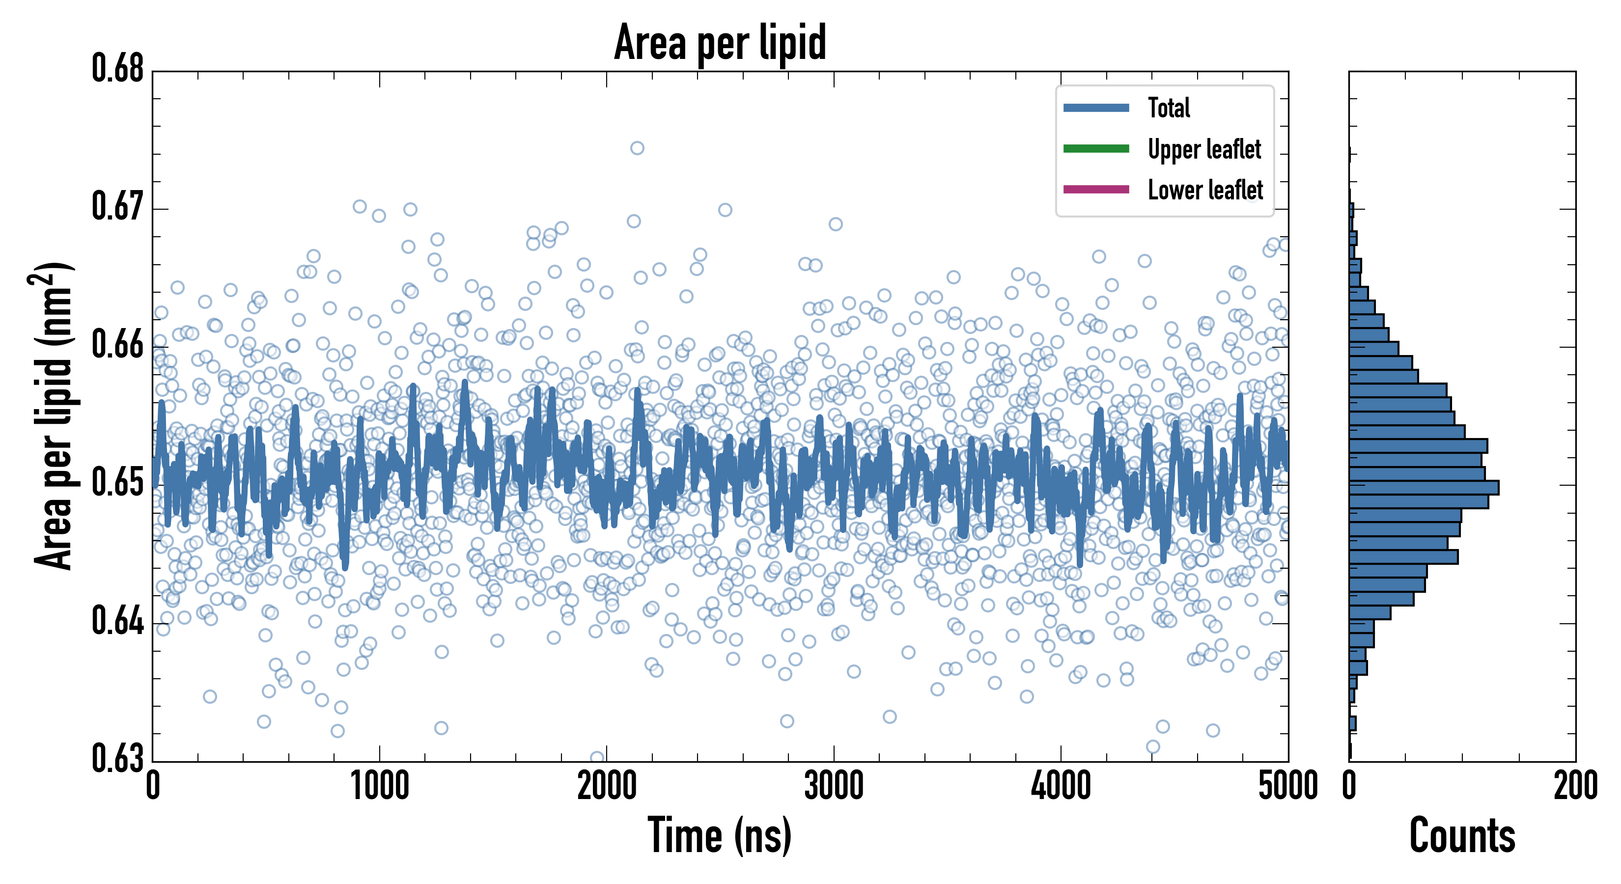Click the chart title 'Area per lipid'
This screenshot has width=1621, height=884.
[720, 42]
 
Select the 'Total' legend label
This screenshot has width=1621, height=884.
[1169, 108]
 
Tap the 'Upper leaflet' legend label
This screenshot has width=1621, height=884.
[1204, 149]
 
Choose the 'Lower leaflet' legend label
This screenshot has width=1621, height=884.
[1205, 190]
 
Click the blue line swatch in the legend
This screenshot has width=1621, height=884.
[1095, 108]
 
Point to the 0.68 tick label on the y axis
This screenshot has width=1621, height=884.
[118, 69]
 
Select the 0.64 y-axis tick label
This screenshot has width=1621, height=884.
[118, 621]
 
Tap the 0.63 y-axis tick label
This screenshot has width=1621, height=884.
[118, 758]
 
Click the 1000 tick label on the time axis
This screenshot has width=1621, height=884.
[379, 786]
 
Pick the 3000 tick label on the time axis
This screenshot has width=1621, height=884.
[834, 786]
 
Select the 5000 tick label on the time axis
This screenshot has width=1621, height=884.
[1287, 786]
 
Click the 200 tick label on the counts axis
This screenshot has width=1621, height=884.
[1575, 786]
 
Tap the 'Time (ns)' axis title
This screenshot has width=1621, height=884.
[720, 835]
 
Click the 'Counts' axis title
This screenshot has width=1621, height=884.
[1462, 835]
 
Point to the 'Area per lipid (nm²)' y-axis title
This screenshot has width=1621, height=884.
[54, 415]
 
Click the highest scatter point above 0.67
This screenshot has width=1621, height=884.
[637, 148]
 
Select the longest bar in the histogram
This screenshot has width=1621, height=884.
[1424, 488]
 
